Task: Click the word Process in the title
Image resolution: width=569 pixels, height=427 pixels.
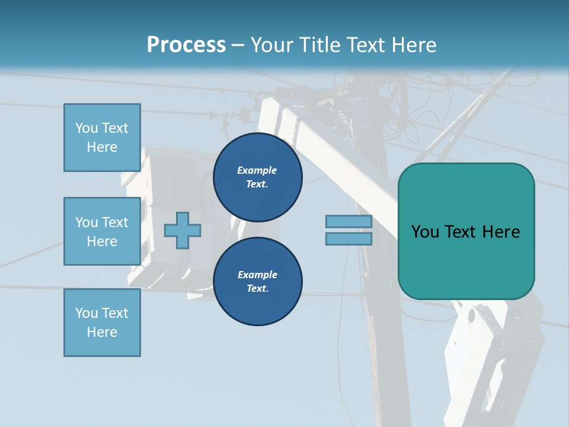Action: pos(186,44)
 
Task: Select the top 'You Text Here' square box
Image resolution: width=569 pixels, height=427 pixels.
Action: pos(102,138)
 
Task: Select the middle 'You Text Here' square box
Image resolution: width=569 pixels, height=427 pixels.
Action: pos(102,231)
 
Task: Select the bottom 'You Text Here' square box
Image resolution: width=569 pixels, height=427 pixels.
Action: pos(102,323)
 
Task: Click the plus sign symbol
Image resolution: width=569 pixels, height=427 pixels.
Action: pos(182,230)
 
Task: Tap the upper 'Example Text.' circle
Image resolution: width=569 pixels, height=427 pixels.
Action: pos(257,177)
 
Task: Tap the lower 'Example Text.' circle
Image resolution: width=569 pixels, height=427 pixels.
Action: pos(257,282)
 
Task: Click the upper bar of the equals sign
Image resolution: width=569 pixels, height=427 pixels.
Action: pos(349,222)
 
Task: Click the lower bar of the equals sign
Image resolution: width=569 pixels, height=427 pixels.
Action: pos(349,238)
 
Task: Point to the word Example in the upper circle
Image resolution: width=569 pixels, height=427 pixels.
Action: pos(257,171)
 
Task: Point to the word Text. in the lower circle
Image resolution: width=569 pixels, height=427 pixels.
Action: pos(257,289)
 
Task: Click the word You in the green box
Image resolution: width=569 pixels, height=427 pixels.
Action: pos(424,232)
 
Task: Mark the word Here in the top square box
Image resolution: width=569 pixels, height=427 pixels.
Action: pos(102,147)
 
